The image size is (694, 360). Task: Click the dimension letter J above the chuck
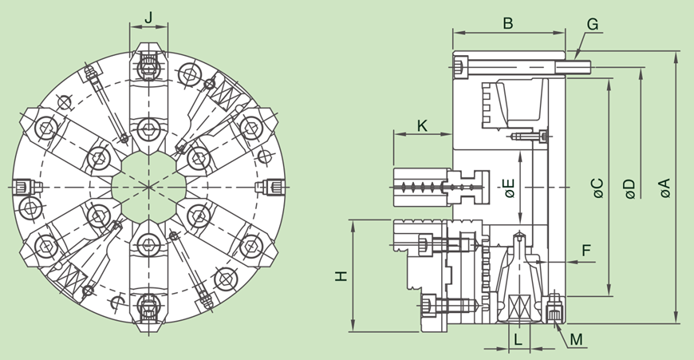click(x=148, y=16)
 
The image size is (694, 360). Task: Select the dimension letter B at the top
click(x=507, y=22)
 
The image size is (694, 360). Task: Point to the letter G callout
click(x=592, y=23)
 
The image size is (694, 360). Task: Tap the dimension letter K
click(x=422, y=125)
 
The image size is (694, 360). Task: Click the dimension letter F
click(x=586, y=251)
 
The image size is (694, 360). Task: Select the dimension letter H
click(x=341, y=275)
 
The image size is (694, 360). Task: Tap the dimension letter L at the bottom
click(x=518, y=338)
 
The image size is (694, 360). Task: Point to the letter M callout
click(x=576, y=340)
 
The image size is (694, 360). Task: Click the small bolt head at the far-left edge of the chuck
click(x=22, y=188)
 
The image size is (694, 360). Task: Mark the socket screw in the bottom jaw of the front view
click(x=148, y=307)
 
